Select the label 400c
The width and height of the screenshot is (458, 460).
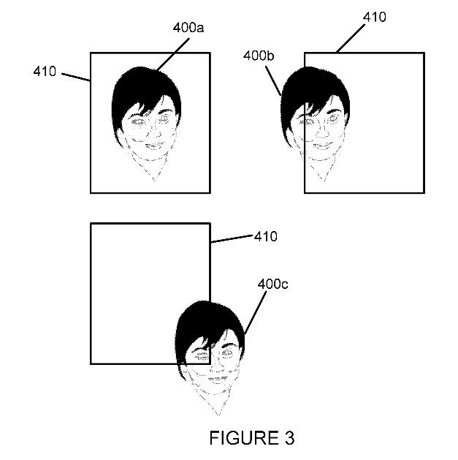[x=272, y=283]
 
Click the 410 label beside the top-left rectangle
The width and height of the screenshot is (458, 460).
[x=45, y=71]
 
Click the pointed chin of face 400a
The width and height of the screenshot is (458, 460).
[x=153, y=177]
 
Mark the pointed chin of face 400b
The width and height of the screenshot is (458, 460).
[x=319, y=178]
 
